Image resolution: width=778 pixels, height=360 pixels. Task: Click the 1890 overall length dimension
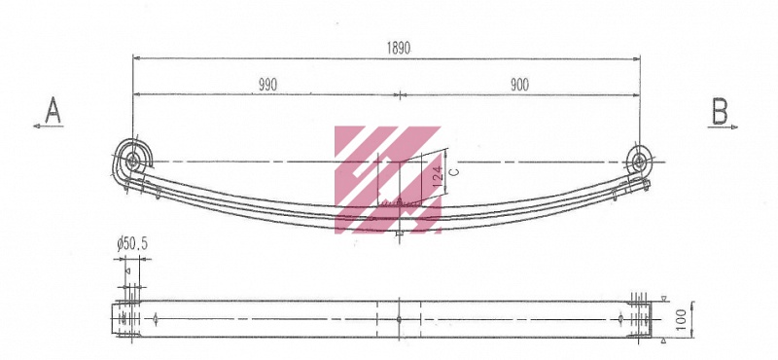[x=399, y=48]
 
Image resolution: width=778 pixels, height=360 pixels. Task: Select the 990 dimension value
[x=268, y=85]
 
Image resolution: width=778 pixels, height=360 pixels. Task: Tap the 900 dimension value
[x=519, y=85]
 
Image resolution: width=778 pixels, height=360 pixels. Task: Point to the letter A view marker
[x=53, y=110]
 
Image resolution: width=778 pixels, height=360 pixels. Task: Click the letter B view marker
[x=720, y=111]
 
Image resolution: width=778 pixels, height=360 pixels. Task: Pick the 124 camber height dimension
[x=437, y=176]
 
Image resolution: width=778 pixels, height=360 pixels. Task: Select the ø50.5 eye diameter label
[x=132, y=244]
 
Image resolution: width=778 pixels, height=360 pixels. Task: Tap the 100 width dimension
[x=682, y=319]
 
